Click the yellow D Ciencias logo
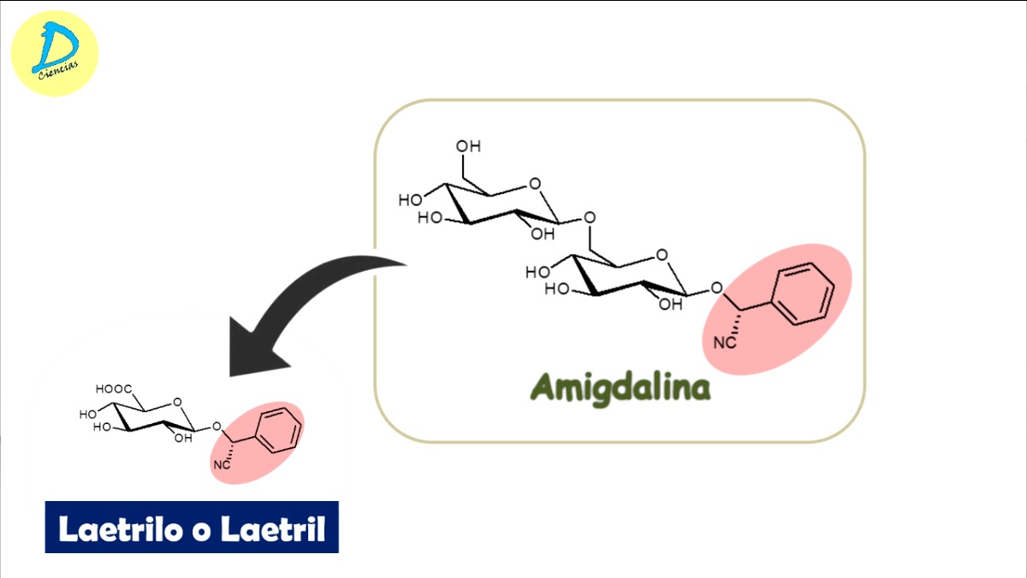55,53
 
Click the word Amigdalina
620,387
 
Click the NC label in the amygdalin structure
725,343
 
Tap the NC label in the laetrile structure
222,464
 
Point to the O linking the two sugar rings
588,217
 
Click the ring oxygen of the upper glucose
535,183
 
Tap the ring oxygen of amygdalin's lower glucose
662,255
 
